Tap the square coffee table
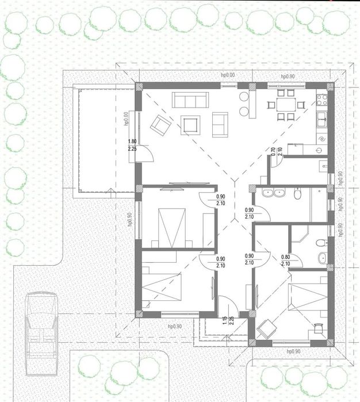[x=190, y=124]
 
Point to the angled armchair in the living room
[x=161, y=123]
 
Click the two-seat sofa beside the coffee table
[x=220, y=125]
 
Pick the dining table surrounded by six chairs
[x=284, y=105]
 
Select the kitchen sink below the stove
[x=322, y=119]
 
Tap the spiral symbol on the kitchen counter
[x=321, y=139]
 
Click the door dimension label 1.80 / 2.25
[x=132, y=145]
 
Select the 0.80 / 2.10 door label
[x=285, y=260]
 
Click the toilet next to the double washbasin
[x=297, y=194]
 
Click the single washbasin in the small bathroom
[x=323, y=257]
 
